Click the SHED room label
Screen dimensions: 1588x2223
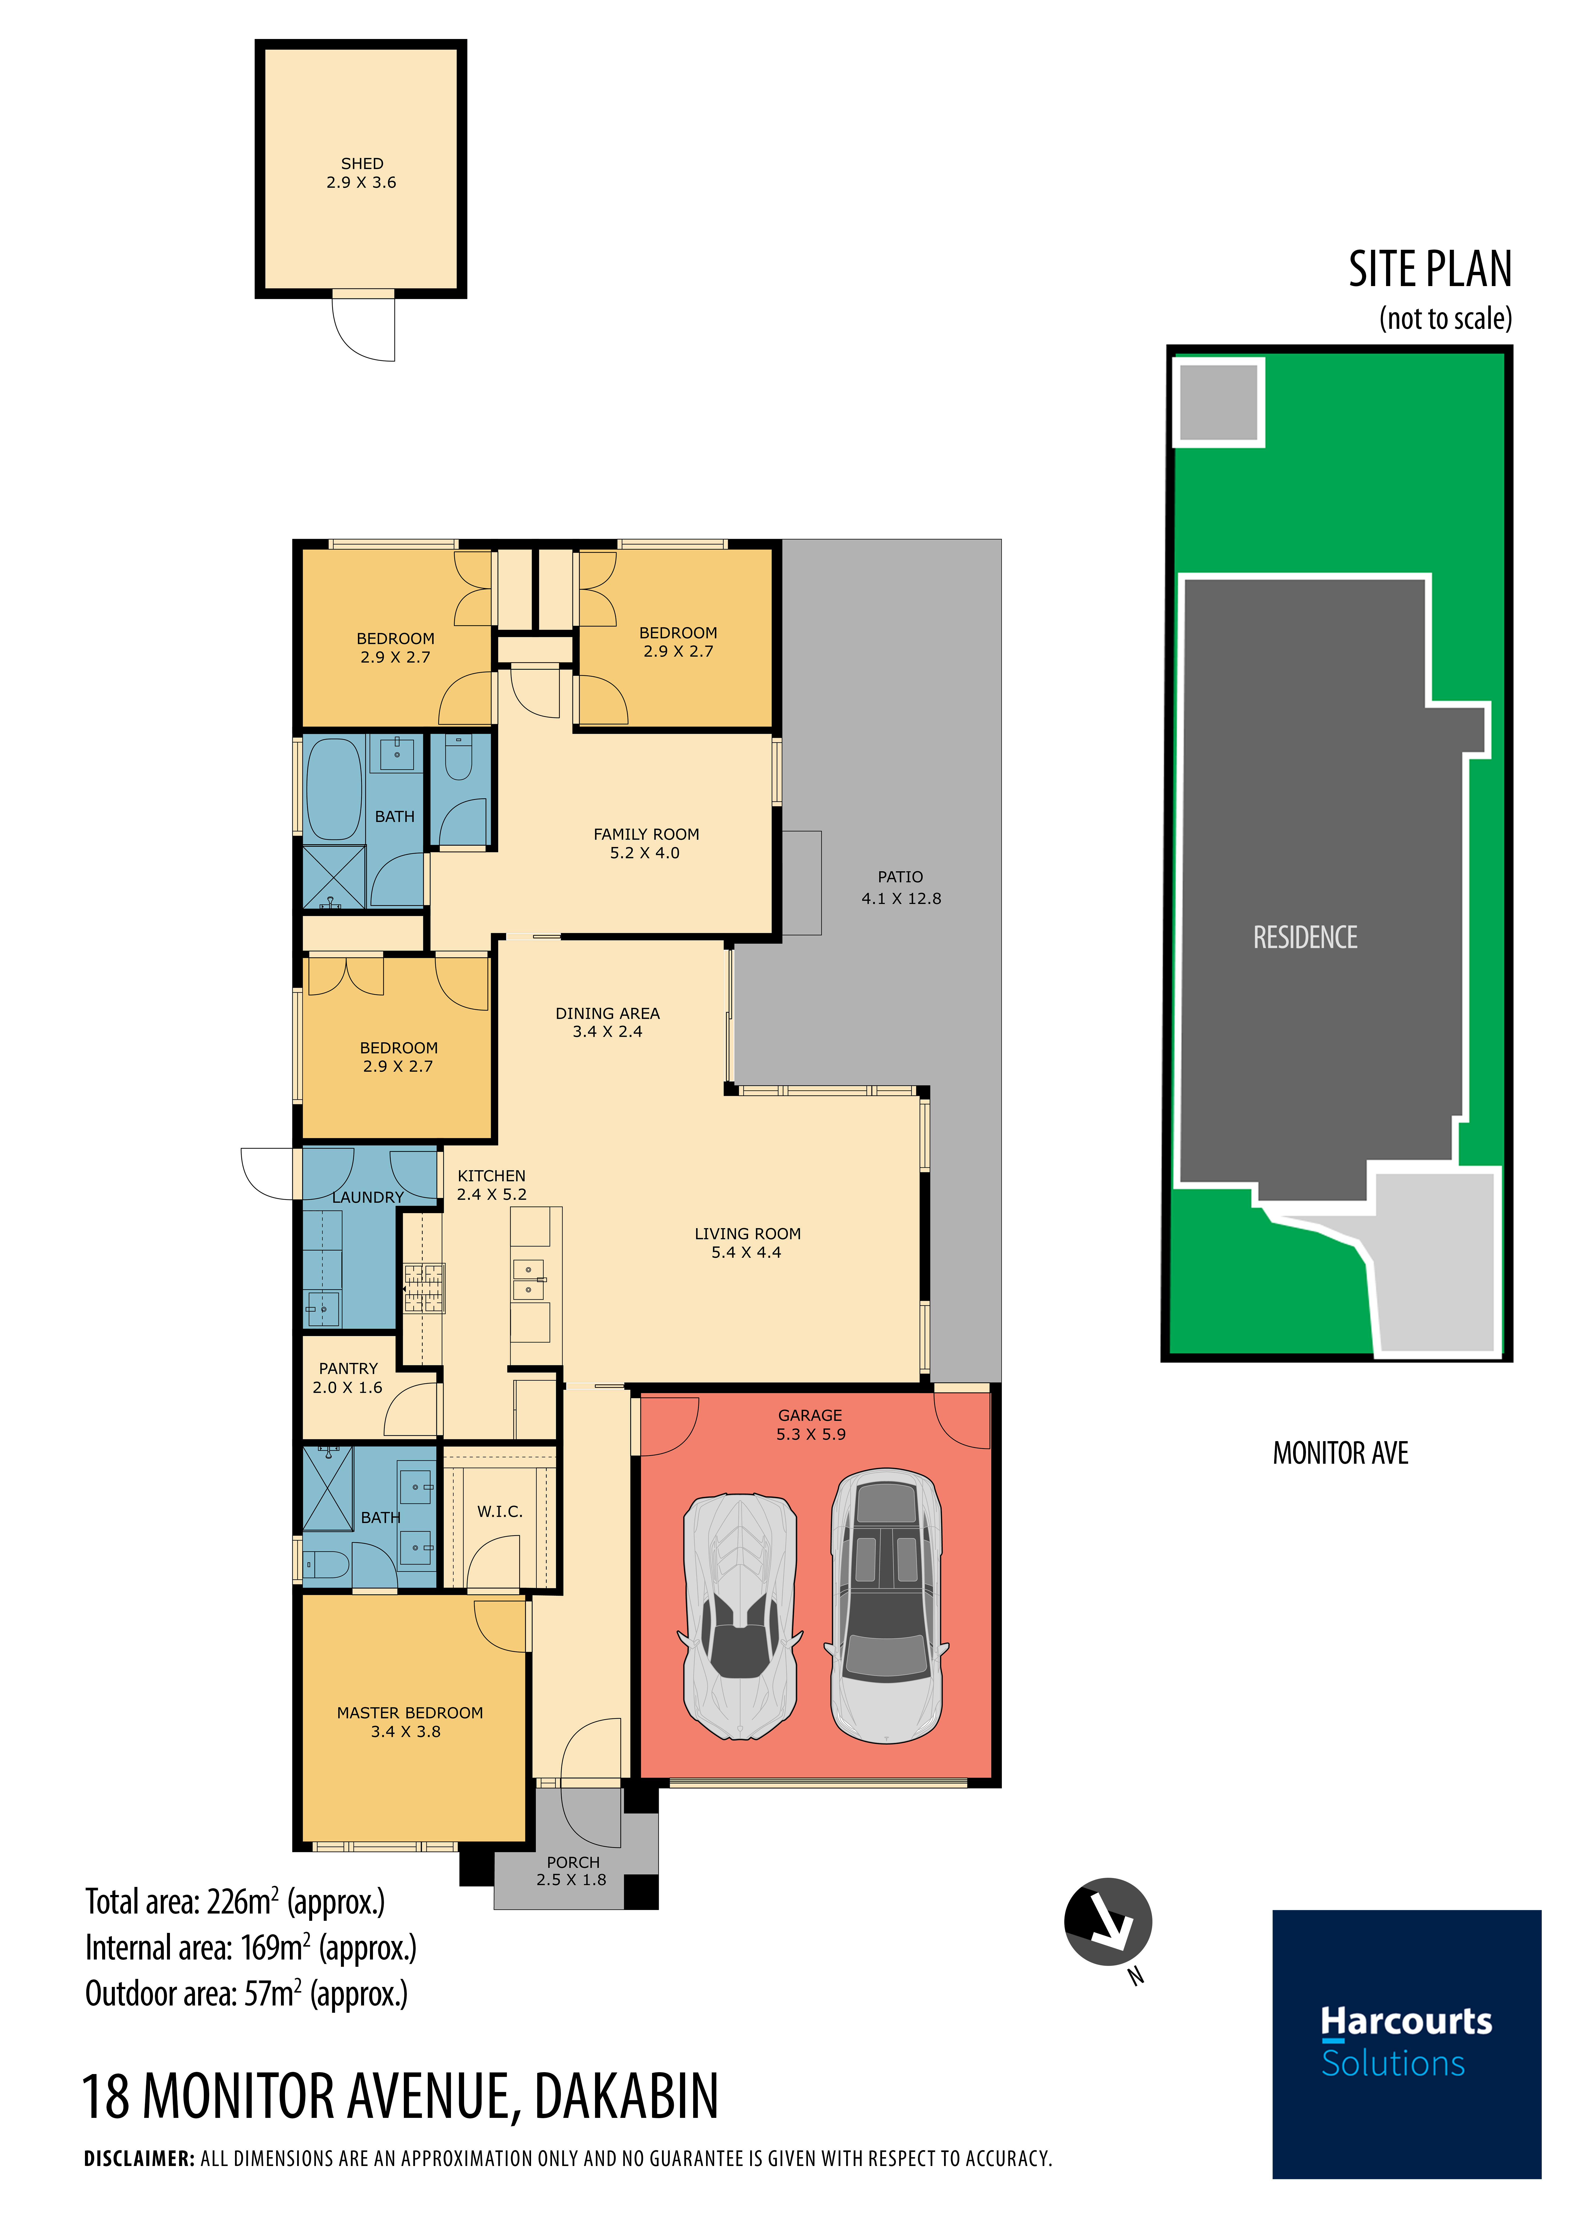(362, 163)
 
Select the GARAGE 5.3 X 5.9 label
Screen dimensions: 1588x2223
(811, 1424)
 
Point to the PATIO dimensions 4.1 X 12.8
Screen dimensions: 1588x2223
(900, 898)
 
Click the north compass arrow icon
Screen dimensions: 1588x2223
(1108, 1921)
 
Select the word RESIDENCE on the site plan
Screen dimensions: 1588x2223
(1305, 938)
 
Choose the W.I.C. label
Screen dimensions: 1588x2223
(500, 1511)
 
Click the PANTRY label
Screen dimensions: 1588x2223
(348, 1369)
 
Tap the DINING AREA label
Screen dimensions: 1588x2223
(607, 1014)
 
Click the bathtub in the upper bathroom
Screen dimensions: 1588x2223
(333, 789)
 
